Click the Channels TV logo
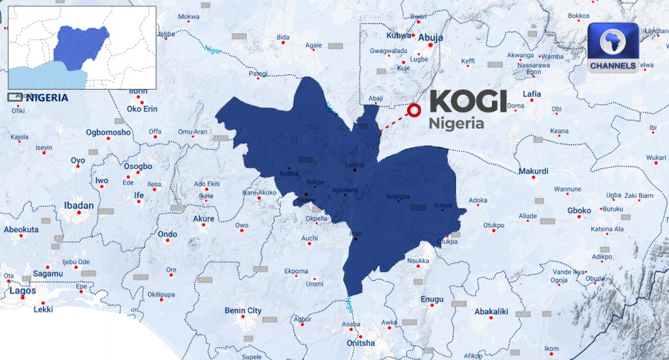click(613, 48)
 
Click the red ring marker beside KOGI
click(413, 110)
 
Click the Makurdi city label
click(533, 171)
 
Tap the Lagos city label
click(23, 291)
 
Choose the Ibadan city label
click(78, 205)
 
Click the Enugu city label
click(432, 299)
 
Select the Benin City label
click(243, 310)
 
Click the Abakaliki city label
click(491, 312)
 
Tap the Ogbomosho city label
click(108, 133)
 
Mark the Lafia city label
click(532, 94)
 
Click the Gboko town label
click(579, 210)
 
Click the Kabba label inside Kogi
click(289, 174)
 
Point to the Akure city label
click(204, 218)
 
